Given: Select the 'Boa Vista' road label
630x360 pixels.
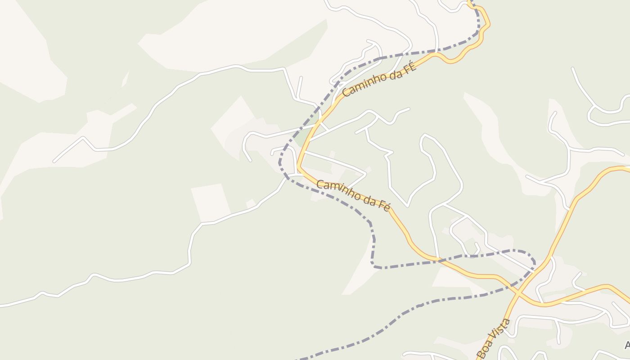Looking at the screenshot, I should tap(494, 338).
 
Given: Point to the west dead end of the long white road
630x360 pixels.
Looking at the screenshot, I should tap(54, 161).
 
